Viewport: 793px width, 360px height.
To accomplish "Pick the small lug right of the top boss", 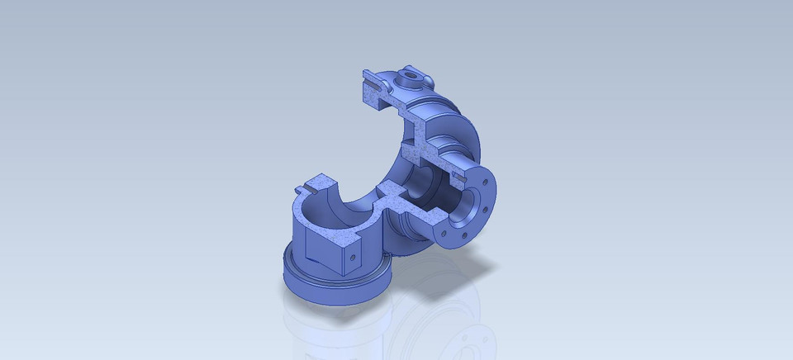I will [x=428, y=79].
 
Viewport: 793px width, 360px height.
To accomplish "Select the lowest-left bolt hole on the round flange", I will [x=452, y=232].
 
